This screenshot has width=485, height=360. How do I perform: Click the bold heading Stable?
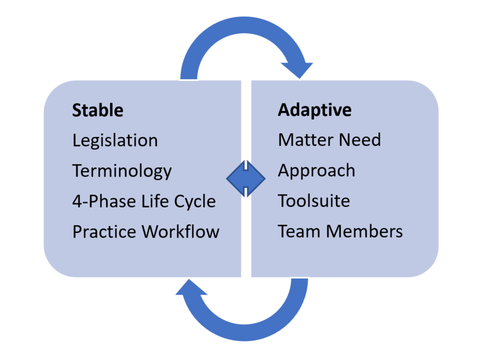point(98,110)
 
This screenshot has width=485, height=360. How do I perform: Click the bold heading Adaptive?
point(315,110)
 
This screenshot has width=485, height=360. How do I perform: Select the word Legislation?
point(115,140)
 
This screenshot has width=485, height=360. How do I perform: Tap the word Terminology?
point(122,171)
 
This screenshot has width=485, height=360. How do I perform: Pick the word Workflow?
point(181,232)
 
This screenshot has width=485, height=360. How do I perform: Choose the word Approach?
point(317,171)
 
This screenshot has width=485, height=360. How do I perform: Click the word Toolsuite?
point(314,201)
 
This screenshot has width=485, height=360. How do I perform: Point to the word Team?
point(299,231)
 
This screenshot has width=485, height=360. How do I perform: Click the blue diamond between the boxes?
point(246,178)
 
